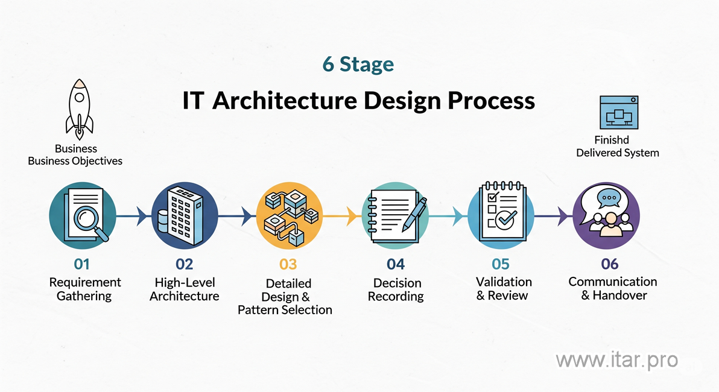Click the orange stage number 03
click(x=288, y=264)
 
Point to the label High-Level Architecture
click(x=184, y=289)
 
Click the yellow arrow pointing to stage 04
click(x=352, y=215)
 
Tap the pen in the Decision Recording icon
click(x=413, y=212)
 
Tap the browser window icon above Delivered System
click(x=618, y=112)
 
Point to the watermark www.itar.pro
click(x=616, y=360)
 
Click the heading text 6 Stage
click(x=358, y=65)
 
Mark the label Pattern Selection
click(x=285, y=310)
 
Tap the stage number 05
click(x=500, y=264)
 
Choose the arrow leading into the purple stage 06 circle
click(x=562, y=215)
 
